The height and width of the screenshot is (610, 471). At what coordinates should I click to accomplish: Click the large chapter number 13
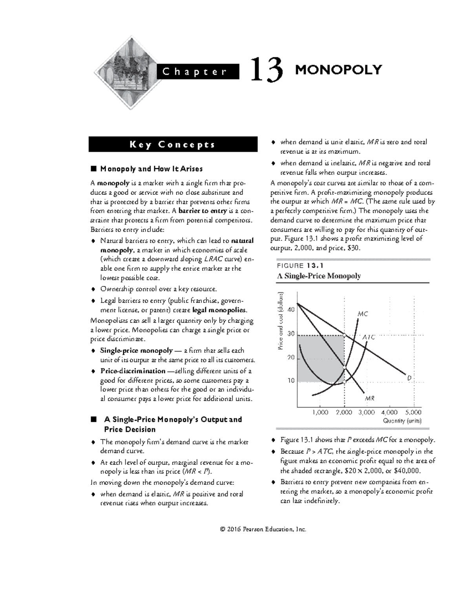click(267, 70)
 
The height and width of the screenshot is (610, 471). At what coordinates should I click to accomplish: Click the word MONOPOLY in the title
click(338, 70)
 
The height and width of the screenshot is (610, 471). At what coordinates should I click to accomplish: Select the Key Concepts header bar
click(173, 145)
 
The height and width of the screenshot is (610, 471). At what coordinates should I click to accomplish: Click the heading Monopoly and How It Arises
click(151, 169)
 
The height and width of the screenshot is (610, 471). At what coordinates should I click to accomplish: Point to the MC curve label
click(363, 314)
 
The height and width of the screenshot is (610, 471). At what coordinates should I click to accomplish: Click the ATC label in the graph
click(369, 337)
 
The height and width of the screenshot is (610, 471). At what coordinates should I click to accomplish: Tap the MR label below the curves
click(370, 398)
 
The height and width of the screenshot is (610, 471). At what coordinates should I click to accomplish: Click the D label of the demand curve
click(409, 378)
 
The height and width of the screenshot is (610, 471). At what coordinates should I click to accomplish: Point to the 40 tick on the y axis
click(291, 310)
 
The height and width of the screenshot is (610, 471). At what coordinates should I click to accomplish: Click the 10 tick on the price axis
click(291, 381)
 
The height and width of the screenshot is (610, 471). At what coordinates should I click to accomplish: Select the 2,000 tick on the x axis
click(344, 412)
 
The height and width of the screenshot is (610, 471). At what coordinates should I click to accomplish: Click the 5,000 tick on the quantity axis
click(413, 412)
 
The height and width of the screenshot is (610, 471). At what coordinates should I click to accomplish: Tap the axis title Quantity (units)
click(402, 421)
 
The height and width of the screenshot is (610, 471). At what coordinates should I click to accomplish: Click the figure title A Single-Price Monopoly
click(319, 276)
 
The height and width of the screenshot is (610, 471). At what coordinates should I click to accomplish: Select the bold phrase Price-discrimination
click(133, 371)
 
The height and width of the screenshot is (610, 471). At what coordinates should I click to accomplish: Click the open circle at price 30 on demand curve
click(344, 335)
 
